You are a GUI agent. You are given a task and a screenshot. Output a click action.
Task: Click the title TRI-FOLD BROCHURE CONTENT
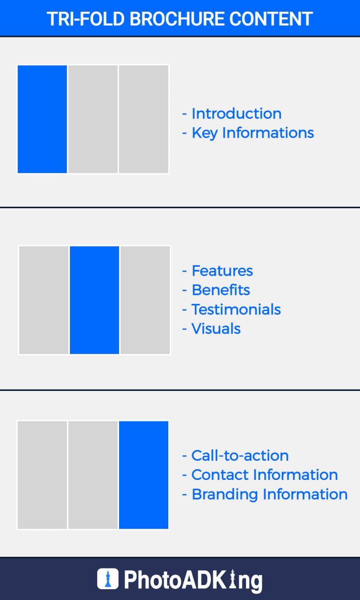pos(180,19)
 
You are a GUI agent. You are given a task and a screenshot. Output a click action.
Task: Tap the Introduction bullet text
pos(236,113)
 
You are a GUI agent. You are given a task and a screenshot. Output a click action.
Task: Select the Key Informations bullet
pos(253,133)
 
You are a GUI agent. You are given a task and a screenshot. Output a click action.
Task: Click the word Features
pos(222,271)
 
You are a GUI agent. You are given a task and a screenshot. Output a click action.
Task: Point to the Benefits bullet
pos(221,290)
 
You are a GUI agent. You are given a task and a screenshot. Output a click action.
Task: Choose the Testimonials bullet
pos(236,309)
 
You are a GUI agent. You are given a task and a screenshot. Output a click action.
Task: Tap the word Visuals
pos(216,329)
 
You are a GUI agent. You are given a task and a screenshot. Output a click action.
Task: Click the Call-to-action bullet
pos(240,456)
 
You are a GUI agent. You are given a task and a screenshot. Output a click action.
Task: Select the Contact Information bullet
pos(264,475)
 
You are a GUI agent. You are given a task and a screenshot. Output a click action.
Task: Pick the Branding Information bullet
pos(270,494)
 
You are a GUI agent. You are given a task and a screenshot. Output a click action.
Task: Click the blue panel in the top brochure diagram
pos(42,119)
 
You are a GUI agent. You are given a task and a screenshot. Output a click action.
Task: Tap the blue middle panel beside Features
pos(94,300)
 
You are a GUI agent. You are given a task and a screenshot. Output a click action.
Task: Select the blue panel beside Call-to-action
pos(143,475)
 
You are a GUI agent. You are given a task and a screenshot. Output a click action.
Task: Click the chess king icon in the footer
pos(108,579)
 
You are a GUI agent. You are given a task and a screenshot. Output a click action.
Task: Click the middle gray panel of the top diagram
pos(93,119)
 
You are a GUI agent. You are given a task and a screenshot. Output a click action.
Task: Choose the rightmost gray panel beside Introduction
pos(143,119)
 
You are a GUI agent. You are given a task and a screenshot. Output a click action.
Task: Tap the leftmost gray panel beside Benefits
pos(44,300)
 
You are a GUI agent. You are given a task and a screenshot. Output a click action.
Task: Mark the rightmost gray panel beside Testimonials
pos(145,300)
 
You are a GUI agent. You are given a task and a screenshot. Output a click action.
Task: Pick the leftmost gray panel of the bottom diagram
pos(42,475)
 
